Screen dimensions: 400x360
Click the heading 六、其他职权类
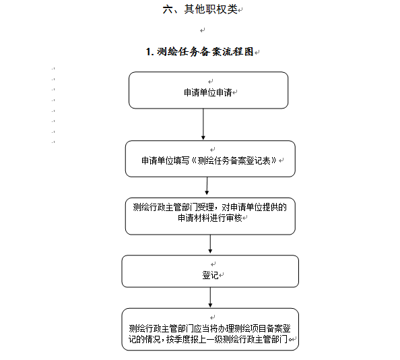click(x=200, y=9)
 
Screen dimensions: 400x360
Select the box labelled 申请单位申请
click(x=209, y=90)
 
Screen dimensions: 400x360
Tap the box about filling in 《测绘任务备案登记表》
click(x=210, y=158)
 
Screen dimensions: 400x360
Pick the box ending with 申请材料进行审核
click(x=210, y=216)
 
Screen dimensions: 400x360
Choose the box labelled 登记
click(x=210, y=271)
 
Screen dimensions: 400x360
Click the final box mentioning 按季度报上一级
click(x=210, y=330)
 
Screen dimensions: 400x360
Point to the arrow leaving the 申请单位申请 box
click(x=203, y=124)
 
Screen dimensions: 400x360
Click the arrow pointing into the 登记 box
click(x=210, y=244)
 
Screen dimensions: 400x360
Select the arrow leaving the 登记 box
click(x=210, y=297)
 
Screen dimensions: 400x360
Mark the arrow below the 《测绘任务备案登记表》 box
click(x=207, y=186)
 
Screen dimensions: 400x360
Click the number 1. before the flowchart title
click(x=149, y=52)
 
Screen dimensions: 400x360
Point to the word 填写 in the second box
click(x=181, y=160)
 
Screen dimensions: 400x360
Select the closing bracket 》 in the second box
click(x=274, y=160)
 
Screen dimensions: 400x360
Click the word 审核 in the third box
click(x=234, y=218)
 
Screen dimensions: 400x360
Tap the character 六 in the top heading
click(x=168, y=9)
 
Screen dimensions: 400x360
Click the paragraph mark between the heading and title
click(x=202, y=30)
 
